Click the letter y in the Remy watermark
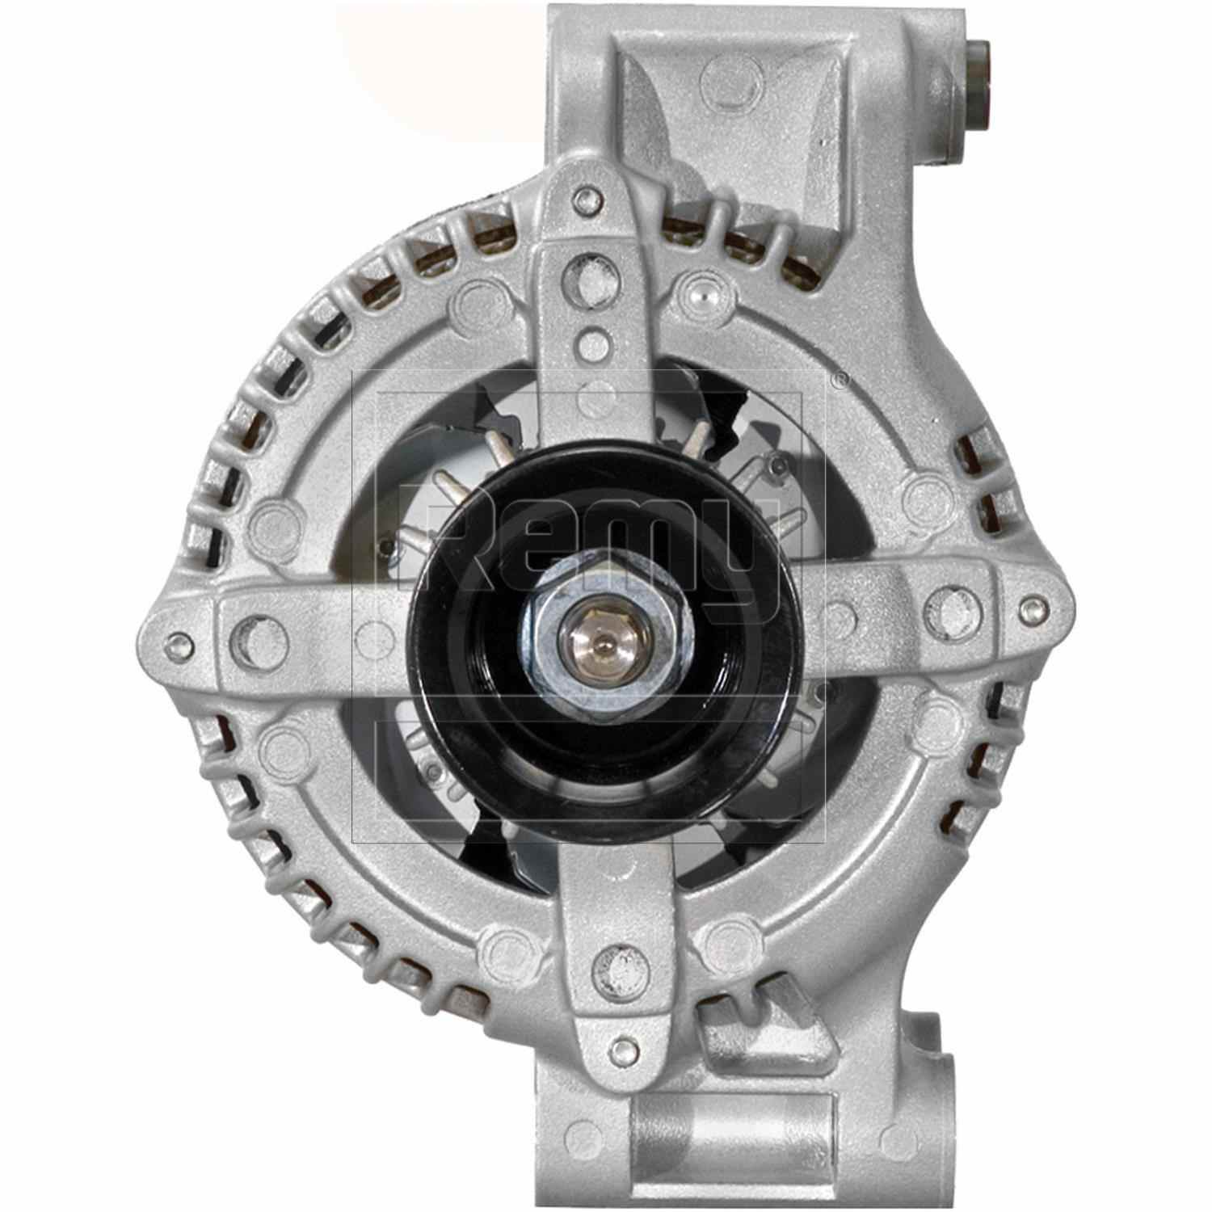pyautogui.click(x=747, y=558)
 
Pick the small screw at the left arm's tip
pyautogui.click(x=179, y=644)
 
